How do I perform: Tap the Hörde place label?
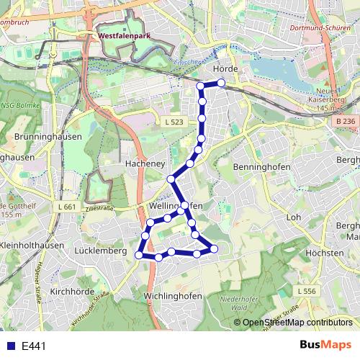225,68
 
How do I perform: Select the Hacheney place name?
146,163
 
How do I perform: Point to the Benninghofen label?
262,166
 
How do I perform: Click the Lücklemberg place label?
100,251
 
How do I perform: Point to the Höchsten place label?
324,253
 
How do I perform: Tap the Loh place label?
293,216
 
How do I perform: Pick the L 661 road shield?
66,207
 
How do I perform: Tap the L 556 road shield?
306,290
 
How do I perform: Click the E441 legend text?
34,346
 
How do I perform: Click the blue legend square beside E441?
9,346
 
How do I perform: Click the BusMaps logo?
325,345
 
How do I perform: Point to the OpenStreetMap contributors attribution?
297,323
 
